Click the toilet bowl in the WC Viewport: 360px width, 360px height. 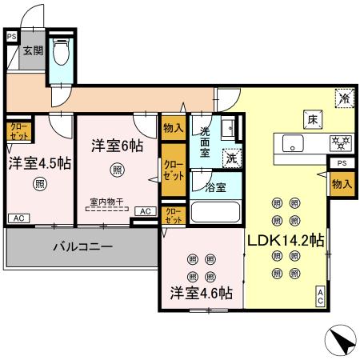[60, 54]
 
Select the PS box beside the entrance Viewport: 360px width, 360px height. [10, 36]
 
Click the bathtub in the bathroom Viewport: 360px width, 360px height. [215, 214]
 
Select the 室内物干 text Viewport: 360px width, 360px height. [106, 203]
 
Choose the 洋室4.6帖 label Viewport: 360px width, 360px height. [200, 293]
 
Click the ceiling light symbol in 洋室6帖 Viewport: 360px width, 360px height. [118, 169]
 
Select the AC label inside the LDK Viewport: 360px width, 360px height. [321, 296]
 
